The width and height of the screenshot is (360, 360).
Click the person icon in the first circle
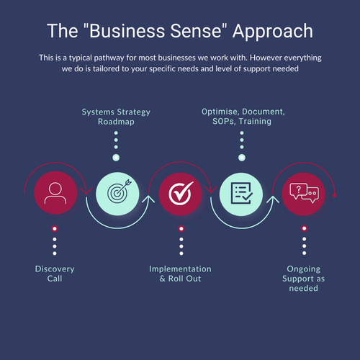55,193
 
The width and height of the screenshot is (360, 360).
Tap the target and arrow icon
116,193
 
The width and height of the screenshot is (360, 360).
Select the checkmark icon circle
179,193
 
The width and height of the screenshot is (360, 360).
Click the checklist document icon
240,193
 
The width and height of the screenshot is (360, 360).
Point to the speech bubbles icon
303,193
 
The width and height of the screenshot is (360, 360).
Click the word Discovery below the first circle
55,269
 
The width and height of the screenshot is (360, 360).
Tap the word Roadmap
116,122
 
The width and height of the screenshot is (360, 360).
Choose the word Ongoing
302,269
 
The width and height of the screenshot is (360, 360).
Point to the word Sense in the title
202,31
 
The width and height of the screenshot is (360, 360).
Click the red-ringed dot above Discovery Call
55,229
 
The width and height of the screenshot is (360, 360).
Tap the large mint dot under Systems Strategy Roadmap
116,157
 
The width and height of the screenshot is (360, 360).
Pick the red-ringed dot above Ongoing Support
303,229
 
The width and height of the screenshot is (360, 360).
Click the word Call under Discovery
55,279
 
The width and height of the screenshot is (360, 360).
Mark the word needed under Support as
302,289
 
